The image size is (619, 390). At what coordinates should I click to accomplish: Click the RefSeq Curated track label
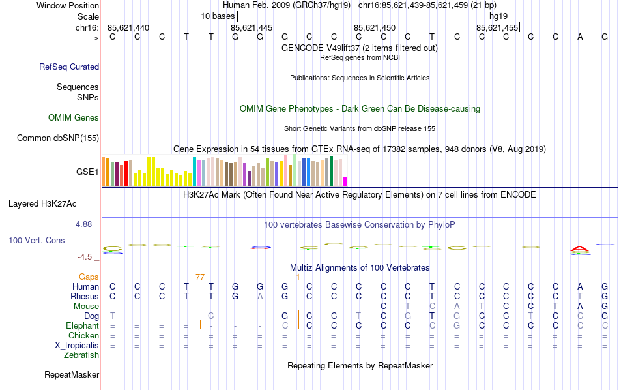click(x=69, y=67)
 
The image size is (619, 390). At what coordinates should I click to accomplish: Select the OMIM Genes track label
click(x=74, y=118)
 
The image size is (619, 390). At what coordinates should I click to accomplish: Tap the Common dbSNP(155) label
click(x=58, y=138)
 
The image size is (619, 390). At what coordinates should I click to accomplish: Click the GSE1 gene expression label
click(x=87, y=172)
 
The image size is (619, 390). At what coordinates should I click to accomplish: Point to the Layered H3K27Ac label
click(x=53, y=203)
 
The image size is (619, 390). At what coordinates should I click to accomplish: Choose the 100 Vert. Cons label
click(x=36, y=241)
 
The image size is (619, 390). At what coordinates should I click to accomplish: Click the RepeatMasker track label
click(x=72, y=375)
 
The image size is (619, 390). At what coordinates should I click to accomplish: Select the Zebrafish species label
click(x=81, y=355)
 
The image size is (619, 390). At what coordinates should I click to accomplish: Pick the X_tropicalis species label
click(x=73, y=346)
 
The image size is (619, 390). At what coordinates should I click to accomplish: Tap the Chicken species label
click(x=83, y=336)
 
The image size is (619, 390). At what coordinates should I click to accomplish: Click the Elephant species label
click(x=82, y=326)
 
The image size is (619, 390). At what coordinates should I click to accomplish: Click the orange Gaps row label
click(x=89, y=277)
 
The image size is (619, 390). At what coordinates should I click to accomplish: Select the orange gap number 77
click(x=200, y=277)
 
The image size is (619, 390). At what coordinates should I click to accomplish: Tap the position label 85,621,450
click(x=374, y=27)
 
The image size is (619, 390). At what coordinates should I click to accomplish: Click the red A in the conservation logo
click(x=580, y=248)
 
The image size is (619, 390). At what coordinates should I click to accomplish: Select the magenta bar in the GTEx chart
click(x=345, y=181)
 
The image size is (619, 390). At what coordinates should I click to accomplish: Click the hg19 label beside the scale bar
click(x=498, y=15)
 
